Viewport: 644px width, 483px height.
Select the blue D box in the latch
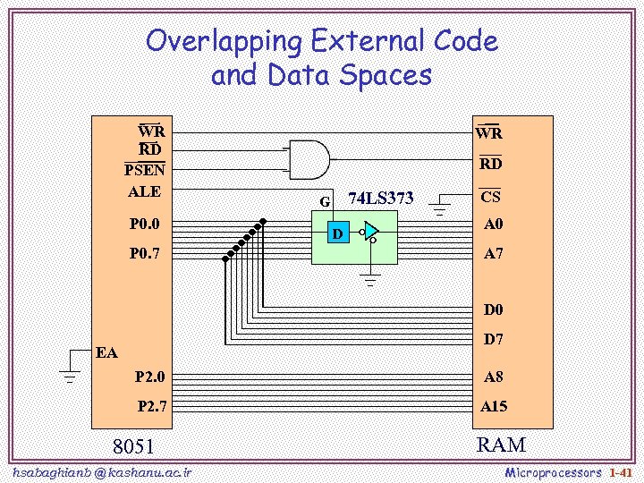pyautogui.click(x=337, y=234)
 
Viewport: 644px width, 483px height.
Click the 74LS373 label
pyautogui.click(x=380, y=198)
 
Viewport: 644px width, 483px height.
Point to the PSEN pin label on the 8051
pyautogui.click(x=144, y=170)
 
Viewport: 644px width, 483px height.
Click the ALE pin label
pyautogui.click(x=144, y=191)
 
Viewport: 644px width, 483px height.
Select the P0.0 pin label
pyautogui.click(x=145, y=224)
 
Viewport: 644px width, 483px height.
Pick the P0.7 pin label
pyautogui.click(x=145, y=253)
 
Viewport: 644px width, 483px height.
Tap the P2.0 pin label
pyautogui.click(x=149, y=377)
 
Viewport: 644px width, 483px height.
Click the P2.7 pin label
pyautogui.click(x=151, y=406)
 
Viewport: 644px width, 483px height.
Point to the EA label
pyautogui.click(x=107, y=352)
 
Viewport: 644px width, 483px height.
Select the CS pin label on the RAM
pyautogui.click(x=490, y=197)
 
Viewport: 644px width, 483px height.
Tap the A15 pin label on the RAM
pyautogui.click(x=493, y=406)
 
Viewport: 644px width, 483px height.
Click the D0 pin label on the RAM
pyautogui.click(x=494, y=310)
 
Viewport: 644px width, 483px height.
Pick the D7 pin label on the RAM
pyautogui.click(x=494, y=340)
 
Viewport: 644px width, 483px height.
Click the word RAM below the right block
pyautogui.click(x=501, y=445)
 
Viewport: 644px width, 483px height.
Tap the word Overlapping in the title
pyautogui.click(x=225, y=41)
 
